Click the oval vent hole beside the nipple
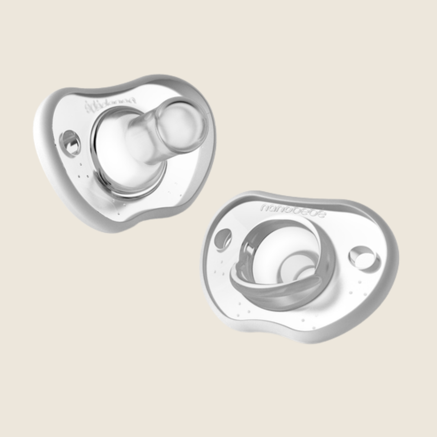click(x=70, y=143)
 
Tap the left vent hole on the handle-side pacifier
click(x=224, y=238)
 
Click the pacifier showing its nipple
click(x=127, y=151)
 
